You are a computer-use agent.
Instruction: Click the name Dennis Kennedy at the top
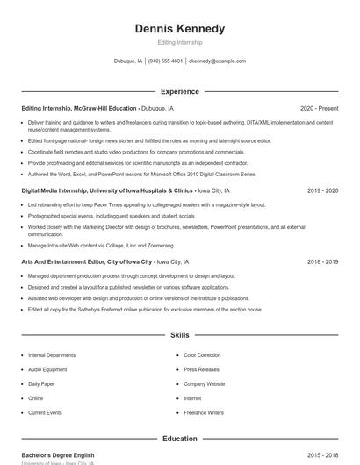click(179, 29)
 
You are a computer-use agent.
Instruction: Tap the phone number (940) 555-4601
click(165, 61)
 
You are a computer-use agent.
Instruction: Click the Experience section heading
click(179, 91)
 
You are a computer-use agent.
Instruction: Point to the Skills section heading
click(179, 335)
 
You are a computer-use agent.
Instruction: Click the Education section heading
click(179, 439)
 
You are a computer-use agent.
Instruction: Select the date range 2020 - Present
click(319, 108)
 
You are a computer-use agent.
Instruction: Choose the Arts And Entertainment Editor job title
click(87, 262)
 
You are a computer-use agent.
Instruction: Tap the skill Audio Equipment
click(47, 369)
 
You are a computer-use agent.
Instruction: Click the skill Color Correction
click(202, 355)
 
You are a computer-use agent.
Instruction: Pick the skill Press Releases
click(201, 369)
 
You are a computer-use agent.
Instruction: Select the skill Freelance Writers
click(203, 412)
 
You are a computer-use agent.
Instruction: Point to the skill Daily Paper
click(41, 384)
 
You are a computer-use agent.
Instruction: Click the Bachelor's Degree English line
click(57, 455)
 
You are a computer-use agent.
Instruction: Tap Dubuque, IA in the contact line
click(126, 61)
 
